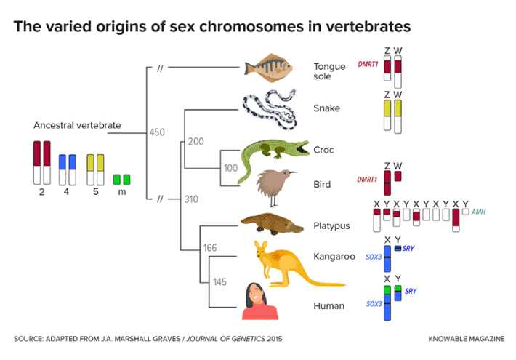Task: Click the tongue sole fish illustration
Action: point(269,68)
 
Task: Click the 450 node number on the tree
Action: point(157,132)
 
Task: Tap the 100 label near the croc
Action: point(230,167)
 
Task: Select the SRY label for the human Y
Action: point(411,291)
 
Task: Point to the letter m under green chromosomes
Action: point(121,192)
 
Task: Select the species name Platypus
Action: point(331,225)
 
